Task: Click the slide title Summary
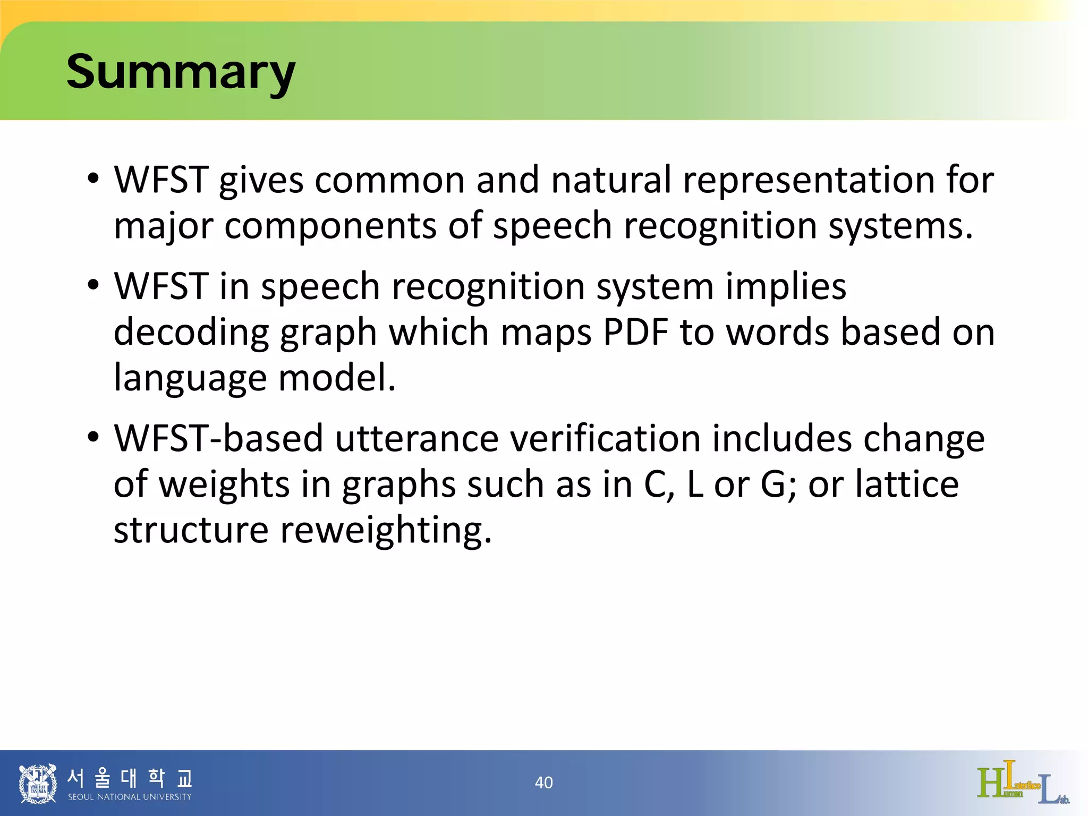180,73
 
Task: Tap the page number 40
543,783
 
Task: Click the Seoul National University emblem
37,784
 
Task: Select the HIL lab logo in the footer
1023,783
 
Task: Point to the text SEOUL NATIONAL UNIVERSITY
130,797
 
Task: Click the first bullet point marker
93,179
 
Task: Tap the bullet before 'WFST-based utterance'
93,438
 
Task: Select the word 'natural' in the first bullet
611,179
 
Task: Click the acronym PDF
635,332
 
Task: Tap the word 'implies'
786,286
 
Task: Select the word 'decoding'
191,332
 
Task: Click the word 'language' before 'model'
190,378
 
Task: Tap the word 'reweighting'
382,530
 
